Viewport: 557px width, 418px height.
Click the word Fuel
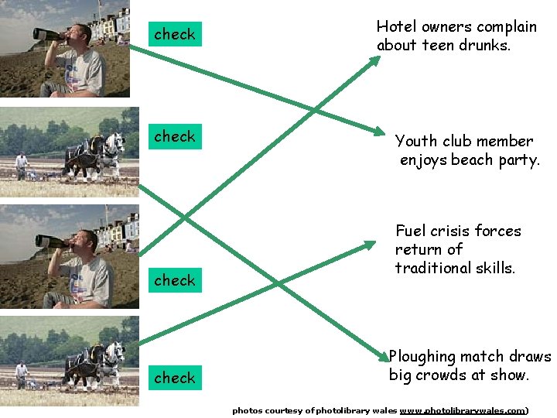point(410,231)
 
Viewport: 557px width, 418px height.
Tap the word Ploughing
point(422,357)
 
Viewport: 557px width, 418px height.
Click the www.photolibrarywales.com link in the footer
point(462,410)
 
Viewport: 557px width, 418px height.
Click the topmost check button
point(175,34)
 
